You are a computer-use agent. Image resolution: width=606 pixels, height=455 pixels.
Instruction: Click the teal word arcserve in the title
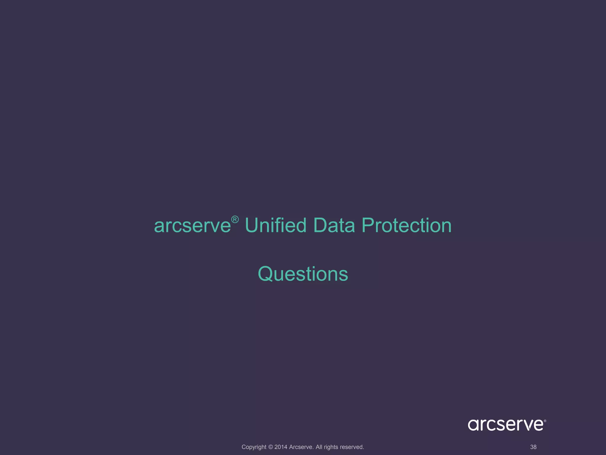coord(192,226)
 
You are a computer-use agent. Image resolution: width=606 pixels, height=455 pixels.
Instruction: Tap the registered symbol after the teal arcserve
coord(235,220)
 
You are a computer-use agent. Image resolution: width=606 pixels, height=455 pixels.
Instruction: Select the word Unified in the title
coord(275,225)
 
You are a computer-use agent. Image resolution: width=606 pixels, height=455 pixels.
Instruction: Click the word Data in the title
coord(334,225)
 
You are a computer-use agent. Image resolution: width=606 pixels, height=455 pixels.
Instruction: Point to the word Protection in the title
coord(407,225)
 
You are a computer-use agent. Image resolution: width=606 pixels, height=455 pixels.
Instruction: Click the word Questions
coord(303,274)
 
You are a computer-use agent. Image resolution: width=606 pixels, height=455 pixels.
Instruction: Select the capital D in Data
coord(320,225)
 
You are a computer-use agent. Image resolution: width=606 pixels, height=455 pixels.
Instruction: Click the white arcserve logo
coord(505,425)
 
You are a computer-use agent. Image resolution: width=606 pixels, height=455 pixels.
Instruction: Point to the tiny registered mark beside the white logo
coord(545,421)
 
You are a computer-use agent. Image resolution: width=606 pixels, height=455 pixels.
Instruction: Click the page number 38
coord(533,447)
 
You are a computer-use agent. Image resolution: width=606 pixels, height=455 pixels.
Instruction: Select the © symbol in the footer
coord(270,447)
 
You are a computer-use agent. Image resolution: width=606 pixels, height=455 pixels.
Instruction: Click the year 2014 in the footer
coord(281,447)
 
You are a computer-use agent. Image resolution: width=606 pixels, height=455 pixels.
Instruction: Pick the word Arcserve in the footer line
coord(301,447)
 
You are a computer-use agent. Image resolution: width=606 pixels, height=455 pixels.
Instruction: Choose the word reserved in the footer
coord(352,447)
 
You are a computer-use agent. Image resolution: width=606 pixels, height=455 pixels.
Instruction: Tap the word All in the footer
coord(319,447)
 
